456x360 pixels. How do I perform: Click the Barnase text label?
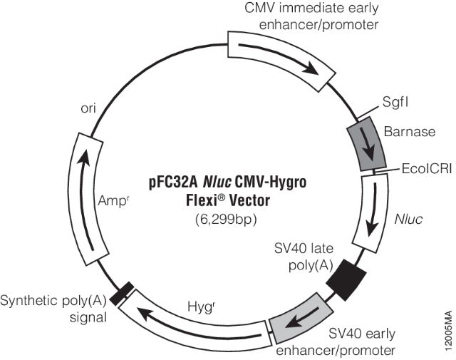[x=405, y=132]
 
